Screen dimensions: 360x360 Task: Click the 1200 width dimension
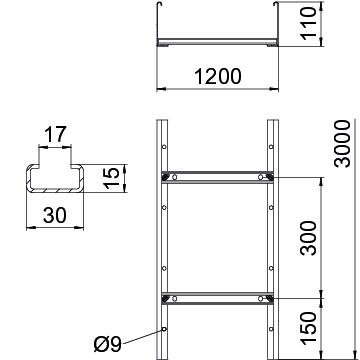pos(217,76)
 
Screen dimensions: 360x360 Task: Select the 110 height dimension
pos(308,23)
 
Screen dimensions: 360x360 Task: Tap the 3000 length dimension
pos(343,144)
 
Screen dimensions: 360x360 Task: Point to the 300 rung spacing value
pos(308,238)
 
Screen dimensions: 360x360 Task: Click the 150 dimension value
pos(308,329)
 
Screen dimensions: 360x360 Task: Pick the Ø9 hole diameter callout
pos(108,344)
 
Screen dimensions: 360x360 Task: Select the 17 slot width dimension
pos(55,135)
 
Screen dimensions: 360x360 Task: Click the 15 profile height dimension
pos(112,178)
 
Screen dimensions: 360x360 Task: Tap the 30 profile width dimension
pos(55,215)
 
